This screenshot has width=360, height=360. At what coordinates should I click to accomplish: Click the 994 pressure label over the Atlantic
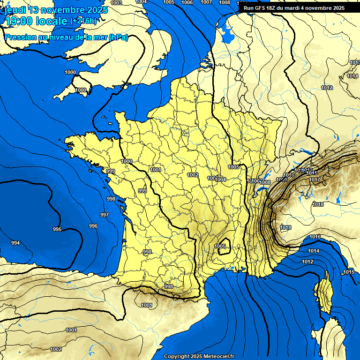15,243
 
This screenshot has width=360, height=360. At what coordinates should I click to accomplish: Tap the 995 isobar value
57,229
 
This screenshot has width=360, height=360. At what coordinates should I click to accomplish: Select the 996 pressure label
93,226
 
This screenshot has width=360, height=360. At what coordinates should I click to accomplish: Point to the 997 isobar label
105,215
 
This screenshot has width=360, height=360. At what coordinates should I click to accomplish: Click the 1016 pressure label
315,237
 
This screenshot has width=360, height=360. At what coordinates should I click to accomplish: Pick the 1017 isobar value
315,180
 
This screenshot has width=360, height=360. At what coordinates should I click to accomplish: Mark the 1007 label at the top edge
206,2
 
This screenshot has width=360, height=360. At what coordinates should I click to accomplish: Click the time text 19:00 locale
36,21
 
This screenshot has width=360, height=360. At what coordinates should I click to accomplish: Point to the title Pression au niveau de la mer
56,37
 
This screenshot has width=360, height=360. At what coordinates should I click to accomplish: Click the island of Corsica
324,295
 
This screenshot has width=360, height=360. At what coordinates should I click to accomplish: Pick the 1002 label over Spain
56,349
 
